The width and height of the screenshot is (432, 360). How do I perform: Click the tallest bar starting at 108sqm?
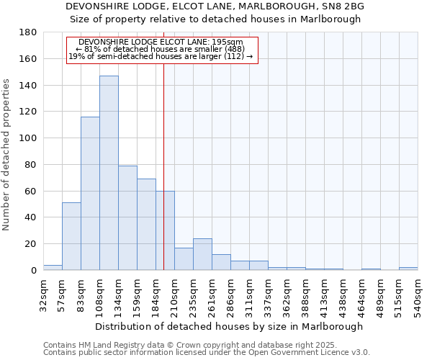coord(109,173)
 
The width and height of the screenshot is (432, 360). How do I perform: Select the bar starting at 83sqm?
coord(90,193)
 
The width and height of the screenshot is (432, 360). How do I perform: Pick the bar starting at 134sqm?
coord(127,217)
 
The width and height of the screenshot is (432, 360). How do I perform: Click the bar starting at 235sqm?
coord(202,254)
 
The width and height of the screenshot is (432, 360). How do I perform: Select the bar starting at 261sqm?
coord(221,262)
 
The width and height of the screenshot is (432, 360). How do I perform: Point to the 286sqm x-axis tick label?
coord(231,294)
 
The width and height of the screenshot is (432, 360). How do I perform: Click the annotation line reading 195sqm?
coord(161,42)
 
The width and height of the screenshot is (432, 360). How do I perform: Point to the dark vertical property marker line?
coord(163,144)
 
